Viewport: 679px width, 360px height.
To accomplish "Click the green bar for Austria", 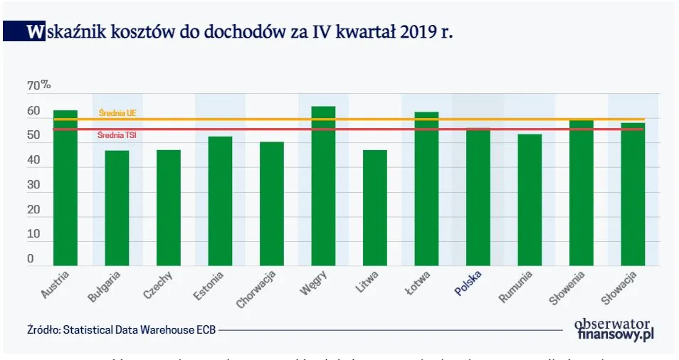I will [x=65, y=189].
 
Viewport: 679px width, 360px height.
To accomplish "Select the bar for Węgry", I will [x=323, y=186].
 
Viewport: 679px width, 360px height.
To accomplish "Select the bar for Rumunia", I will [x=530, y=200].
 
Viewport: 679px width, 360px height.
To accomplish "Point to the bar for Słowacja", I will [x=633, y=194].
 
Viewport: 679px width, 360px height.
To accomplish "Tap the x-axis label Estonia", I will [x=209, y=285].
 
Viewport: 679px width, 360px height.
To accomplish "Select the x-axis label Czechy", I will [x=157, y=285].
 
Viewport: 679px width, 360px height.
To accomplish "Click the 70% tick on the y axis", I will [x=38, y=85].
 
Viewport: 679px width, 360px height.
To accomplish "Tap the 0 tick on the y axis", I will [x=31, y=260].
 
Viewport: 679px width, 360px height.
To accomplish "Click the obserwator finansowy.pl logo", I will [x=614, y=328].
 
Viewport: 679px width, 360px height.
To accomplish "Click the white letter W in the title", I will [x=33, y=32].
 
